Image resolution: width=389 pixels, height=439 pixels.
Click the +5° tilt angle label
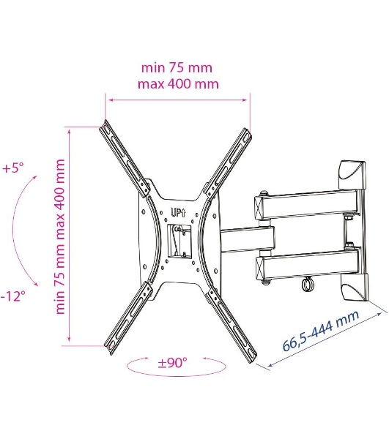pos(13,168)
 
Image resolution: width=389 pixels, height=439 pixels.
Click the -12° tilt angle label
pos(13,296)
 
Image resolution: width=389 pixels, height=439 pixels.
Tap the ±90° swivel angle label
pos(172,363)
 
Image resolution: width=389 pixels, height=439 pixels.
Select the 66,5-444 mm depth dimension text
pos(321,331)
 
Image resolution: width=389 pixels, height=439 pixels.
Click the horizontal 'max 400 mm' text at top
pos(178,83)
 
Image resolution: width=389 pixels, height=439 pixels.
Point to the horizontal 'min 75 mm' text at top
pos(177,68)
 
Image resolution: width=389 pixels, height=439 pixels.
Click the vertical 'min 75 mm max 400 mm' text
pos(60,236)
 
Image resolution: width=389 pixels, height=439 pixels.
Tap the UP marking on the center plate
pos(178,212)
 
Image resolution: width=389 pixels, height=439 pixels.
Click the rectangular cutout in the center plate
pos(179,241)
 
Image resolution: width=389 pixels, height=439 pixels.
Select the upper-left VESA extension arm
pos(125,159)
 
